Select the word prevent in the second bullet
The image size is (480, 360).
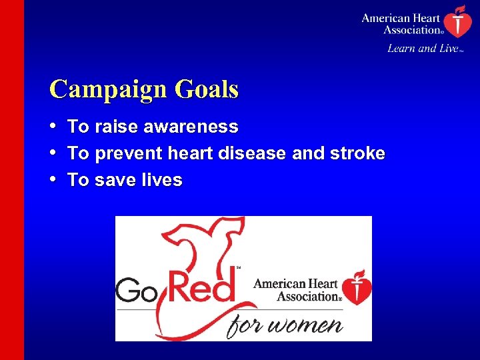126,154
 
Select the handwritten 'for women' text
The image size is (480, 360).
285,325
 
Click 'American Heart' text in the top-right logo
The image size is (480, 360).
401,18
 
